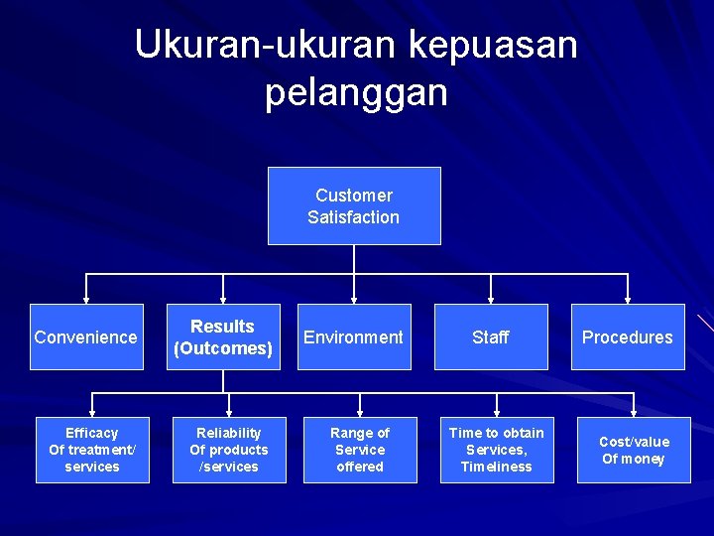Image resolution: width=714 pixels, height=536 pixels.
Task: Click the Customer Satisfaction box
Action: click(x=354, y=205)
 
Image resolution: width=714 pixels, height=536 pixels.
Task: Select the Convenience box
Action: click(x=86, y=336)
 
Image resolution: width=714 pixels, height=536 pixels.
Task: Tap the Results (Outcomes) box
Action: click(x=223, y=336)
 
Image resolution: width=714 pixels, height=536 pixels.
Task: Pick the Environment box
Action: click(x=354, y=336)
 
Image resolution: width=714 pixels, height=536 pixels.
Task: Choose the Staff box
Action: click(x=491, y=336)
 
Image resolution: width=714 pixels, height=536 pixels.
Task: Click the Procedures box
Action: click(x=628, y=336)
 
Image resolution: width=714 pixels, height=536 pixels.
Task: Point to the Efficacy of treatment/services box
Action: click(x=92, y=450)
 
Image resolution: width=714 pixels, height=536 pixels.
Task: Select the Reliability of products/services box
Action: click(x=229, y=450)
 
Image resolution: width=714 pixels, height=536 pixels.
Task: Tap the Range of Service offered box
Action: click(x=360, y=450)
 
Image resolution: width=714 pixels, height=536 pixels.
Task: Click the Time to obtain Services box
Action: click(x=497, y=450)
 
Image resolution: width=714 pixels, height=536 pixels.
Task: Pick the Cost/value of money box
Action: click(x=634, y=450)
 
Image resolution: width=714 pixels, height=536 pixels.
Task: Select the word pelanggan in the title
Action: click(x=356, y=92)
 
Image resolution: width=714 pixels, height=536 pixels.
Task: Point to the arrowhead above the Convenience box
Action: click(x=86, y=298)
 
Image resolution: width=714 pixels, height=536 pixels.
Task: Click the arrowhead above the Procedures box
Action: click(x=628, y=298)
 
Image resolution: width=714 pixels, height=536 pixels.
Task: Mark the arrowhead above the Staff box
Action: click(x=491, y=298)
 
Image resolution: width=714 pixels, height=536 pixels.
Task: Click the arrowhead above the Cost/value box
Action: click(x=634, y=411)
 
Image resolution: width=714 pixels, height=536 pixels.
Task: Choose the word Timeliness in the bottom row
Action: click(x=497, y=467)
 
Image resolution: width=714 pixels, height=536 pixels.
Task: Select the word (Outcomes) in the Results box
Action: click(x=223, y=348)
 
